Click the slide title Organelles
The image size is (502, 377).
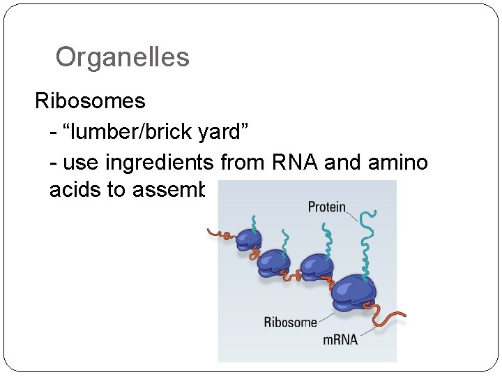[122, 57]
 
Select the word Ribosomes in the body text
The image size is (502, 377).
[90, 101]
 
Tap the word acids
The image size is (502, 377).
[75, 190]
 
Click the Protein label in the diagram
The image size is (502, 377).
[327, 207]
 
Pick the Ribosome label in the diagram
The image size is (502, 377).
[290, 322]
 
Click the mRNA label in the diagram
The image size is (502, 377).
[340, 339]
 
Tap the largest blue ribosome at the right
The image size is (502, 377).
[353, 293]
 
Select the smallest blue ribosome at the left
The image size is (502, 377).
[248, 239]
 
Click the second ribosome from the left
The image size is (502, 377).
[273, 262]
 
